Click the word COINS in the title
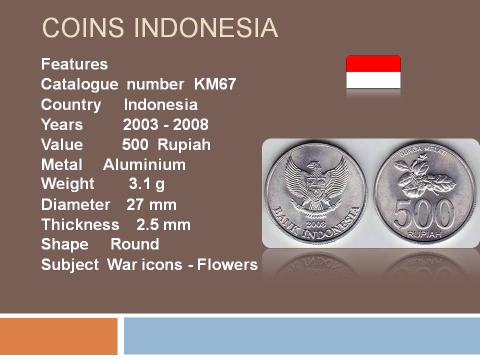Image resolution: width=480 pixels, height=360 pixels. click(x=83, y=27)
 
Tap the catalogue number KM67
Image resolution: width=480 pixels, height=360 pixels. click(x=215, y=84)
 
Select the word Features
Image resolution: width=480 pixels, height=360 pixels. click(x=74, y=64)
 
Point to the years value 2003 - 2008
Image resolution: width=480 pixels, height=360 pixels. click(x=165, y=124)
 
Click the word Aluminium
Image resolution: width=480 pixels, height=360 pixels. click(x=144, y=164)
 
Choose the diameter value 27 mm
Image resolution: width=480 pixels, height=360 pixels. click(x=151, y=204)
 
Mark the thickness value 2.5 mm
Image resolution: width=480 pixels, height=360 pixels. click(x=163, y=224)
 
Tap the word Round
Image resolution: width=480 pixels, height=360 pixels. click(x=134, y=244)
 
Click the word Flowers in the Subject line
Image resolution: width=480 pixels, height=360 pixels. click(x=227, y=264)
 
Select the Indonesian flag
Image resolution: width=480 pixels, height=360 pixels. click(x=373, y=72)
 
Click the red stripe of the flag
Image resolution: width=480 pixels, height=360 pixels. click(x=373, y=64)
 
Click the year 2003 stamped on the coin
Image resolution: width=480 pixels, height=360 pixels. click(x=315, y=224)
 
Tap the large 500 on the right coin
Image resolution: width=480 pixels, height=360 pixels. click(x=424, y=213)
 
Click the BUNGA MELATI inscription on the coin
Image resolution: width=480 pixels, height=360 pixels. click(x=423, y=151)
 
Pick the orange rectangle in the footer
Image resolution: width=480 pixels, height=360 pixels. click(x=59, y=336)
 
